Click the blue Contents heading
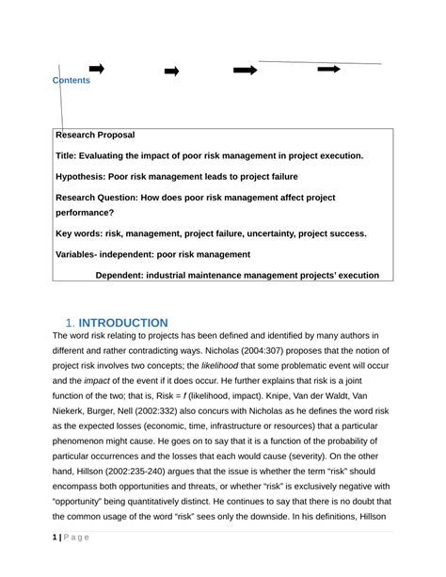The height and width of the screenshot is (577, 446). pos(72,81)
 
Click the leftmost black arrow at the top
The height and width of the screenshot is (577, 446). pos(96,69)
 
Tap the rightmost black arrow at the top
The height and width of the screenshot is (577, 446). pos(328,69)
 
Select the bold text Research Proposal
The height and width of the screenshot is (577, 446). pos(95,136)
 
